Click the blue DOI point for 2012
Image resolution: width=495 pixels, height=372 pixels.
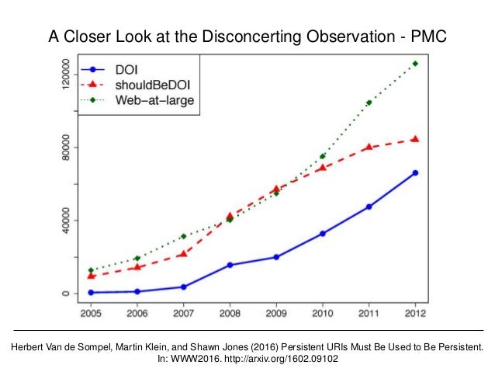(415, 172)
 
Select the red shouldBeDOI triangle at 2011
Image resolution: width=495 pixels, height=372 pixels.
(369, 147)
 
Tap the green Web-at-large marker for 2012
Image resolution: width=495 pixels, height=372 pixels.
(415, 64)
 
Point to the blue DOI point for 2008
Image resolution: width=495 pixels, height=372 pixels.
(230, 265)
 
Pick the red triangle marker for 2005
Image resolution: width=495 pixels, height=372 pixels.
(91, 276)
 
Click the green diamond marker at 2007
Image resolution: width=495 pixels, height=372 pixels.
(184, 236)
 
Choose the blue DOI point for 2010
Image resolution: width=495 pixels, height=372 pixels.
(323, 233)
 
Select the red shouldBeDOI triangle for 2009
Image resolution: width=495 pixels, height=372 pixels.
(276, 189)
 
